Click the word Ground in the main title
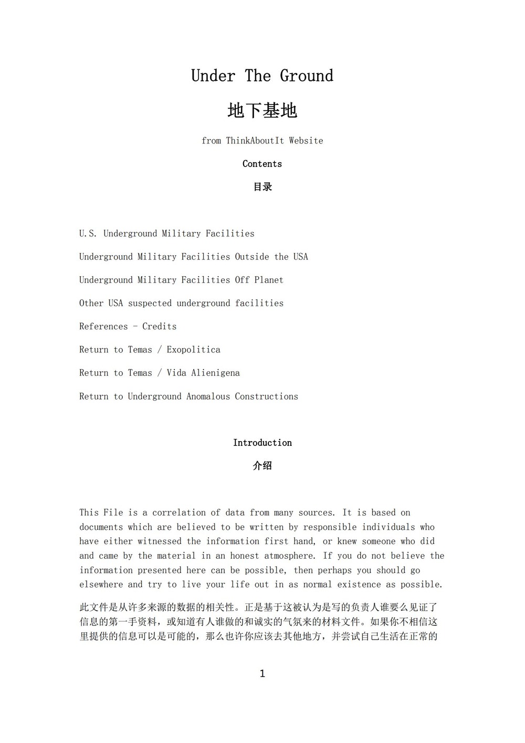(x=306, y=76)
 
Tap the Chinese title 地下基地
(x=262, y=111)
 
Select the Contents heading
(x=262, y=164)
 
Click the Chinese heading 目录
(x=262, y=187)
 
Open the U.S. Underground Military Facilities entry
(x=166, y=234)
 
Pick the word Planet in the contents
(x=269, y=280)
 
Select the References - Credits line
(x=128, y=327)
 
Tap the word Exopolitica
(x=193, y=350)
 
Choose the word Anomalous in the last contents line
(x=208, y=396)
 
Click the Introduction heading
(x=262, y=443)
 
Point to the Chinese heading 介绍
(x=262, y=466)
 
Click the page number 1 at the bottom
(x=262, y=674)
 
